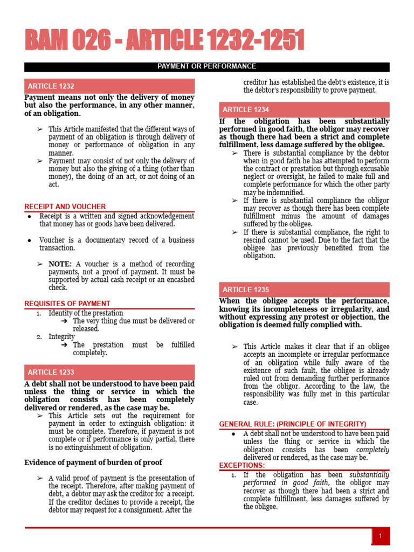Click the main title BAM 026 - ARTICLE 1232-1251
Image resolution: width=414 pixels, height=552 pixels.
point(164,42)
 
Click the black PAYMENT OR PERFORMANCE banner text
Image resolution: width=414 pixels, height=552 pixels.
point(206,67)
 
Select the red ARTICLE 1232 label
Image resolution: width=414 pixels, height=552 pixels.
point(51,86)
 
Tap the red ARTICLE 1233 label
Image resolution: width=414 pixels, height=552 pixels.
point(51,372)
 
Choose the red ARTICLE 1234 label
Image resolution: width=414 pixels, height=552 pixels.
point(246,109)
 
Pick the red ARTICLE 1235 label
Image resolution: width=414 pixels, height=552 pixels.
point(246,289)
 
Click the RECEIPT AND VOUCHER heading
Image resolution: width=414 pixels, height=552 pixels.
point(65,207)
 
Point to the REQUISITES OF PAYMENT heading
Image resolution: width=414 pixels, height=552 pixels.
point(67,304)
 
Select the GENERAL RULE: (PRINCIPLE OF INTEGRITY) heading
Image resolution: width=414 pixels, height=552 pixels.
point(293,424)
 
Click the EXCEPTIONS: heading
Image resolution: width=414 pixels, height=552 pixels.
point(242,465)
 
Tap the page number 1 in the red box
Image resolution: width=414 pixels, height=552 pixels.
point(381,536)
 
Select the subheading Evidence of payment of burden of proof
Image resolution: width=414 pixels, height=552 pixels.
point(93,463)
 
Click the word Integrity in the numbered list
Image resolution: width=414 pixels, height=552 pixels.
point(61,336)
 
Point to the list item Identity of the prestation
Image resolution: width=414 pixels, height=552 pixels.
point(86,313)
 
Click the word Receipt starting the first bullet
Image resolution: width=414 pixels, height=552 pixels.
point(51,216)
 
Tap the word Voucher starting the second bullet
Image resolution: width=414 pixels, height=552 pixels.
point(52,240)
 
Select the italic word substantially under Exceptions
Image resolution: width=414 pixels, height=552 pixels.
point(369,475)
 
